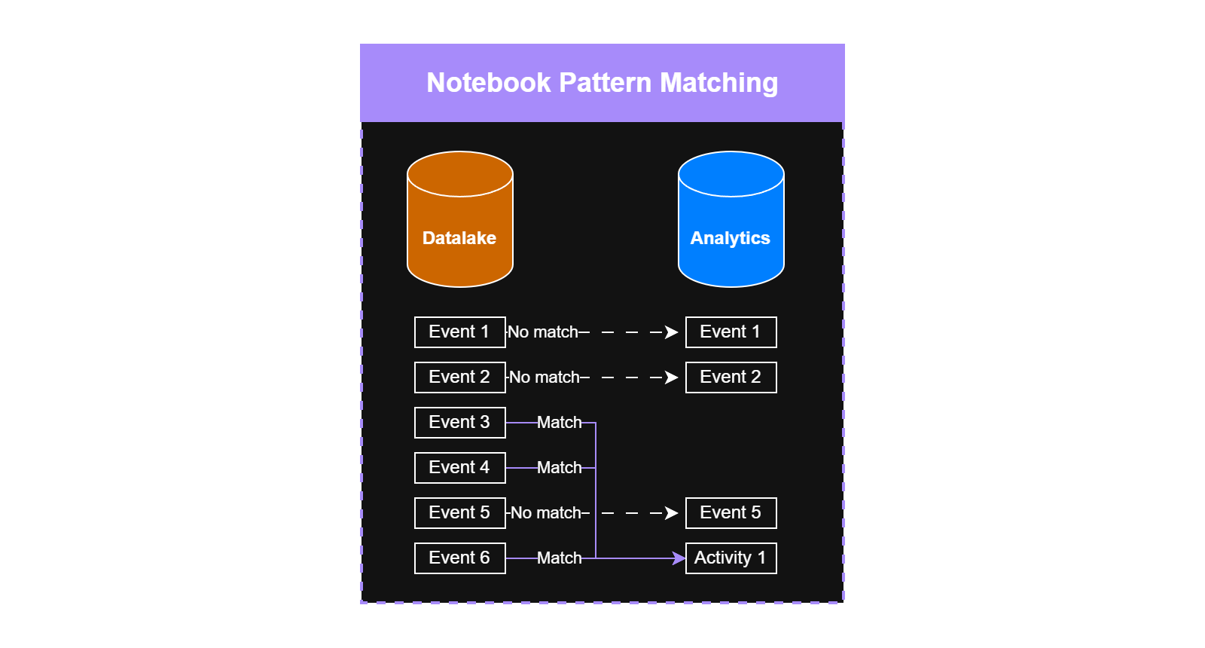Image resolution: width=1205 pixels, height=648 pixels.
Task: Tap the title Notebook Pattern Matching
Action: [x=602, y=83]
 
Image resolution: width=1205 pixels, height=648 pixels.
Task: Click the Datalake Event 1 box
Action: [x=459, y=332]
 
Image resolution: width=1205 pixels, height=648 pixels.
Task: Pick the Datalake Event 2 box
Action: [x=459, y=377]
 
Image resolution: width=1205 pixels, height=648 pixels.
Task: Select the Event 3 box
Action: [x=459, y=423]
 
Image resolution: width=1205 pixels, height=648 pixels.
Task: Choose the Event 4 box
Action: [x=459, y=468]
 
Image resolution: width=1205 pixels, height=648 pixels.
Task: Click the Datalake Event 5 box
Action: [x=459, y=513]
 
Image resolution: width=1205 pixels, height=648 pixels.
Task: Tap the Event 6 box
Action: [x=459, y=558]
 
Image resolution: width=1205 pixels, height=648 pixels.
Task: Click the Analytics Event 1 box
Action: [x=731, y=332]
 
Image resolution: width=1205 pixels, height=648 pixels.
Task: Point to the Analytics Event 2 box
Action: [x=731, y=377]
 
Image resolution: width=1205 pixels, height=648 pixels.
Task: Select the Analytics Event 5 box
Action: [x=731, y=513]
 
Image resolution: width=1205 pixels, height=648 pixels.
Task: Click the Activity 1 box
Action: [x=731, y=558]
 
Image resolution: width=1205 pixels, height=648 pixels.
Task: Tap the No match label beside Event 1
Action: [x=543, y=332]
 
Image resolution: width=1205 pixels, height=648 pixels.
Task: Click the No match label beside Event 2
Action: [x=545, y=377]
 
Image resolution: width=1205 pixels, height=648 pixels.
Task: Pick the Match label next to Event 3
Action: [x=559, y=423]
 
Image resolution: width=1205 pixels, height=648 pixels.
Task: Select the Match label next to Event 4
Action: [x=559, y=468]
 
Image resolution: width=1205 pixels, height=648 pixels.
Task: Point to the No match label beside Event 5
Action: [x=546, y=513]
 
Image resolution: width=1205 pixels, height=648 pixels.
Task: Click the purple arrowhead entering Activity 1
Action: [x=679, y=558]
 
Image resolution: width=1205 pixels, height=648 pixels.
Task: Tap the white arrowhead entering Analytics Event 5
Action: [x=672, y=513]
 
